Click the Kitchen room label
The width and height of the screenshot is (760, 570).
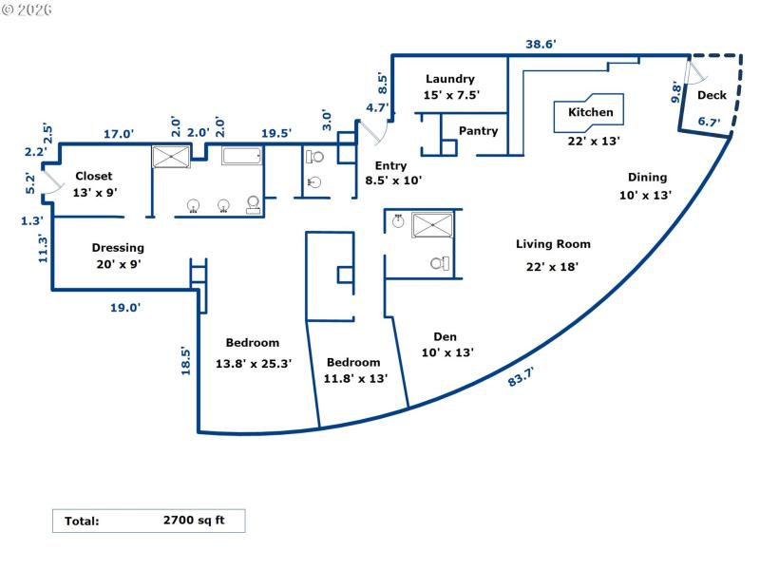click(590, 113)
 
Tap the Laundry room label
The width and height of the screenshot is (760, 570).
click(450, 79)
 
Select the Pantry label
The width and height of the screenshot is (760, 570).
click(478, 131)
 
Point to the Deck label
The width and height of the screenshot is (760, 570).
click(712, 96)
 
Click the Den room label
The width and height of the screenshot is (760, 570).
click(446, 336)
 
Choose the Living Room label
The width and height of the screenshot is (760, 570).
click(553, 244)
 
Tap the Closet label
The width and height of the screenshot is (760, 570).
click(93, 176)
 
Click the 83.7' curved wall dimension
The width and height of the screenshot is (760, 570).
click(521, 379)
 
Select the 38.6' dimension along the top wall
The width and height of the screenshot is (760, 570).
click(541, 45)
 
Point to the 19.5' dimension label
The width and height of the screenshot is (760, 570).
click(275, 134)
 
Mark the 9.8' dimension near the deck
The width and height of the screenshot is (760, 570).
click(676, 92)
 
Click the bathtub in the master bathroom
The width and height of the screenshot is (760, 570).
click(246, 157)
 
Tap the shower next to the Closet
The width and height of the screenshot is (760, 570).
click(172, 158)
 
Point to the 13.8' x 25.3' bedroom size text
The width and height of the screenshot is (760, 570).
click(252, 362)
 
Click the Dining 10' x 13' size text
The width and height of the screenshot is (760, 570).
click(645, 195)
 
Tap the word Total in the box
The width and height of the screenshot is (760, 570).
click(82, 521)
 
